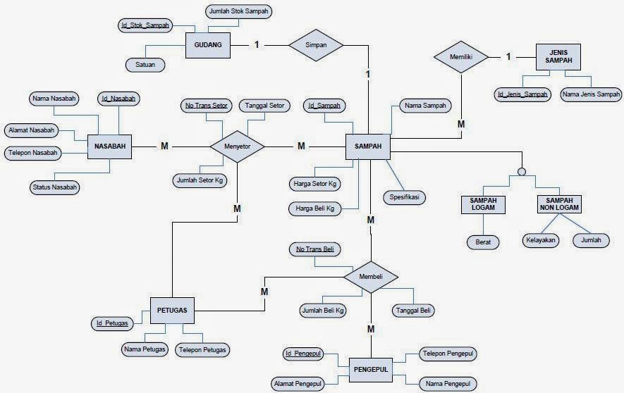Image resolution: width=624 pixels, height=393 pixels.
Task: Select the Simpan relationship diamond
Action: coord(316,45)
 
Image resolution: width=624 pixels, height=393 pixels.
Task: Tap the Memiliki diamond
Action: coord(460,56)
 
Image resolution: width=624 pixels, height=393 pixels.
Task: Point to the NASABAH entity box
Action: coord(110,146)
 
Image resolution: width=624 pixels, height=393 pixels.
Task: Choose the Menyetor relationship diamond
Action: coord(238,146)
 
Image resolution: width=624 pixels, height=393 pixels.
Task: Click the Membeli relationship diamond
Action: coord(371,277)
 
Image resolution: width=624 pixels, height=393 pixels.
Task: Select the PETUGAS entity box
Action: coord(172,309)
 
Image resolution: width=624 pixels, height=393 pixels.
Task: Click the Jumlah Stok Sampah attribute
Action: coord(239,11)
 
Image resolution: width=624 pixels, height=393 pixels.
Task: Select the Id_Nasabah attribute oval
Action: coord(118,99)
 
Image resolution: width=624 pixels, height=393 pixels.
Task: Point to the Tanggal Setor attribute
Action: coord(264,106)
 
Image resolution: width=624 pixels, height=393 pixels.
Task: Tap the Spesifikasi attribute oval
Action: coord(405,197)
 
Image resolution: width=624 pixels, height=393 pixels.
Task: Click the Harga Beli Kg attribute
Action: coord(314,208)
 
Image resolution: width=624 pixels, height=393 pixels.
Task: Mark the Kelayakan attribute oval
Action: coord(541,240)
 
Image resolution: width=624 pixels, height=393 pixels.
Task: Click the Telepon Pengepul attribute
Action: coord(448,353)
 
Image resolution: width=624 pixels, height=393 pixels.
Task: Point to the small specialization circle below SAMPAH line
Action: coord(521,170)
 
